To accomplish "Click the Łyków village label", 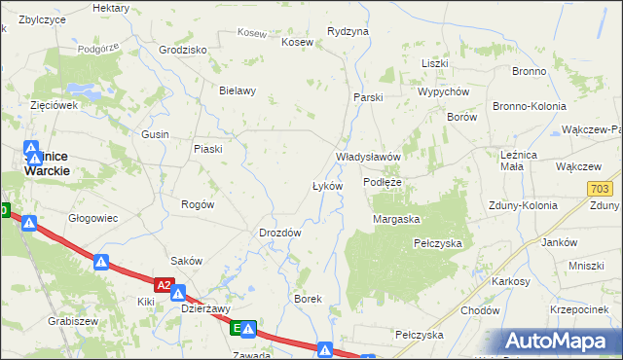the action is [326, 186].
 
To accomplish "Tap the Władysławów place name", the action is [369, 157].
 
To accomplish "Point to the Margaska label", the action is [395, 220].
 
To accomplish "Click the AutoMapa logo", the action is [562, 342].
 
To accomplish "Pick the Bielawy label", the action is [238, 91].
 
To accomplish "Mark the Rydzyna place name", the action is [348, 31].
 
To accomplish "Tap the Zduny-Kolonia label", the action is [525, 206].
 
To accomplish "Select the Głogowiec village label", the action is [93, 219].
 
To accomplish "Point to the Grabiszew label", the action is [72, 320].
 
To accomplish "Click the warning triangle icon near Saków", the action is [101, 262].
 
